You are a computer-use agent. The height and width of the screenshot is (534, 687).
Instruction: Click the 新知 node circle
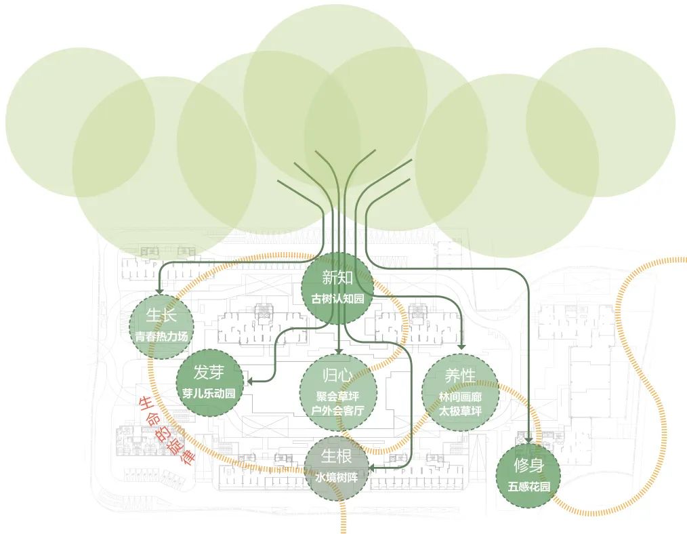[337, 287]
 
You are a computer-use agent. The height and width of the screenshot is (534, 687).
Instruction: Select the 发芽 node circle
[209, 382]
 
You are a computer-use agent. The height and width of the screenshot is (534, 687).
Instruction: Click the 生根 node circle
[337, 468]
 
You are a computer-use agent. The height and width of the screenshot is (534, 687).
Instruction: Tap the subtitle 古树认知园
[337, 299]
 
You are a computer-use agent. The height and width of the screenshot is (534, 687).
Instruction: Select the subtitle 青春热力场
[161, 336]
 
